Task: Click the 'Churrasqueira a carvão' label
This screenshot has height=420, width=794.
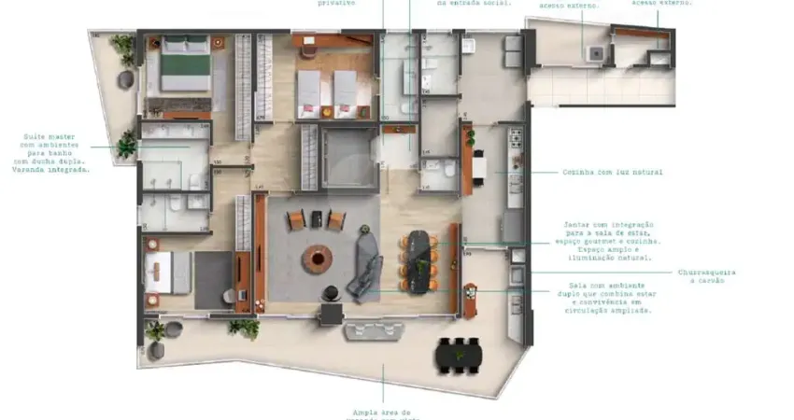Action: (706, 276)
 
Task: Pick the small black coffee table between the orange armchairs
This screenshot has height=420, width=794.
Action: (317, 220)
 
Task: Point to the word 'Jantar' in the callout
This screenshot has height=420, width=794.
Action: (577, 225)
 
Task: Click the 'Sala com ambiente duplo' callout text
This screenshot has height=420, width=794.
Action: (610, 299)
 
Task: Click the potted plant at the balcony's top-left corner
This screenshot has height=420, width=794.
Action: (121, 47)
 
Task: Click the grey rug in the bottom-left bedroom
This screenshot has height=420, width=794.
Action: (214, 277)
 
